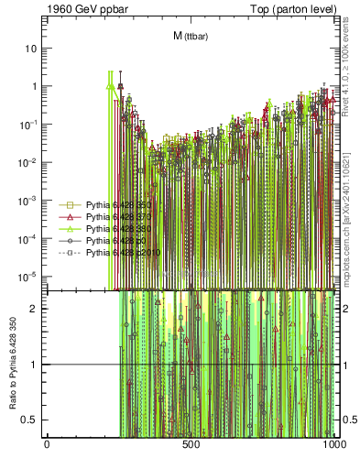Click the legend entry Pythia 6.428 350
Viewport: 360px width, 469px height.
coord(109,205)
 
